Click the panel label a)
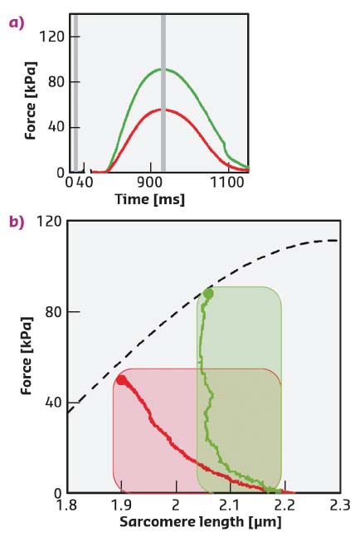click(x=14, y=22)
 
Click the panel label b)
click(x=14, y=222)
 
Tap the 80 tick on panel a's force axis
click(x=56, y=82)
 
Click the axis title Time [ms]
click(x=149, y=199)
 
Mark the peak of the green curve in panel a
click(x=163, y=69)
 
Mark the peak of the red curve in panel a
click(x=163, y=110)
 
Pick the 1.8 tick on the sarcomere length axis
click(x=67, y=504)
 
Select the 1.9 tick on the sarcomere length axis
click(x=121, y=504)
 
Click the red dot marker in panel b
click(x=122, y=380)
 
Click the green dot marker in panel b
click(x=208, y=294)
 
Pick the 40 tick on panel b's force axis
click(x=51, y=403)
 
